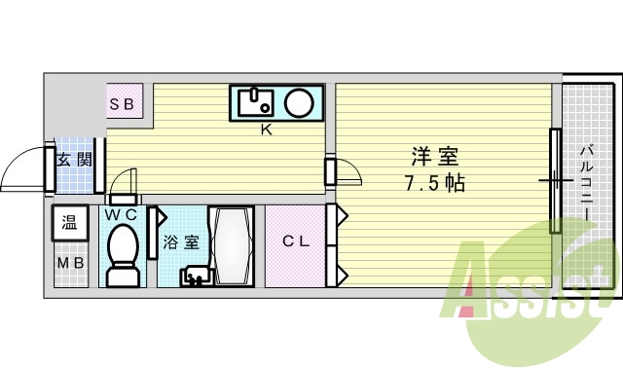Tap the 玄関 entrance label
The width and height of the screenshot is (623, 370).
[73, 160]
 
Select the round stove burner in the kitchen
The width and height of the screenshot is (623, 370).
[300, 101]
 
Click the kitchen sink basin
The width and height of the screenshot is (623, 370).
[259, 101]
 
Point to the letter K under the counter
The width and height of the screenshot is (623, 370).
[265, 129]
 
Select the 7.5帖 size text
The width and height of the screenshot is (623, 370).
[433, 183]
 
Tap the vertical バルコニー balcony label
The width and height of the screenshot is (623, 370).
[588, 185]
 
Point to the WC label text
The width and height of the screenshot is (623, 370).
[122, 213]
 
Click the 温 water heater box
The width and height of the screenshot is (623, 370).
[70, 223]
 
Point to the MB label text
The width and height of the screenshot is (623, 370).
[70, 264]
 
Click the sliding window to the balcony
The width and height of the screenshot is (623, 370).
[555, 181]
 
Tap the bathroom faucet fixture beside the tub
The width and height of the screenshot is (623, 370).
[195, 277]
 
